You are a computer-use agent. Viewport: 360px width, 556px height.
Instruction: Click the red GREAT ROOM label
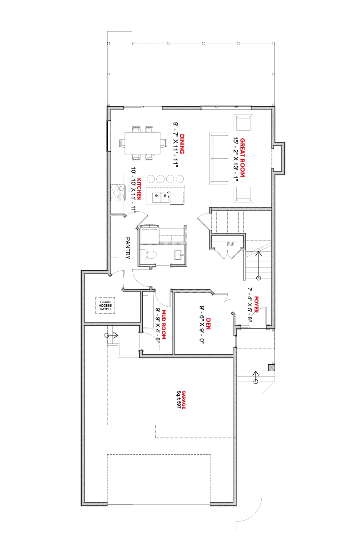coord(242,158)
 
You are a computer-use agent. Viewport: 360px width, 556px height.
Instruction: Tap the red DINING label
coord(182,144)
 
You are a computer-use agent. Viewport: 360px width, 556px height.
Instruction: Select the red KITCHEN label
coord(140,189)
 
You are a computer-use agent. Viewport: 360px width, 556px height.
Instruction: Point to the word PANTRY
coord(128,248)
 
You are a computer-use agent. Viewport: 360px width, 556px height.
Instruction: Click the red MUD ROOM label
coord(164,324)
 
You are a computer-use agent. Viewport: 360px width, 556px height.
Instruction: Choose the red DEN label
coord(208,324)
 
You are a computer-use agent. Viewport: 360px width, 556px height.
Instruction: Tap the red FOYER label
coord(256,304)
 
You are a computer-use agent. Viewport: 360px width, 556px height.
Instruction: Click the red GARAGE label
coord(184,400)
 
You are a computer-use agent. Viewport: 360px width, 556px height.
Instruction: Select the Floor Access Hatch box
coord(105,305)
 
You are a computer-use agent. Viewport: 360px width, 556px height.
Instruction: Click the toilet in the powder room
coord(149,255)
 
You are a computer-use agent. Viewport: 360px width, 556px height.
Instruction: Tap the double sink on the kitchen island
coord(161,198)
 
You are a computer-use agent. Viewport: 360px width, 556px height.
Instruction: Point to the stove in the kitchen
coord(118,193)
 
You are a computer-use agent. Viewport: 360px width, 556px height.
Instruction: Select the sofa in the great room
coord(219,159)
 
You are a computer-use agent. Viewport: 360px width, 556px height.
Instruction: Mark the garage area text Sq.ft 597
coord(179,400)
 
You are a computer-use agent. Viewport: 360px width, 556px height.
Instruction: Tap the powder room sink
coord(180,254)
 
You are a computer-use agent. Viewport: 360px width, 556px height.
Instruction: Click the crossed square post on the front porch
coord(271,367)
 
